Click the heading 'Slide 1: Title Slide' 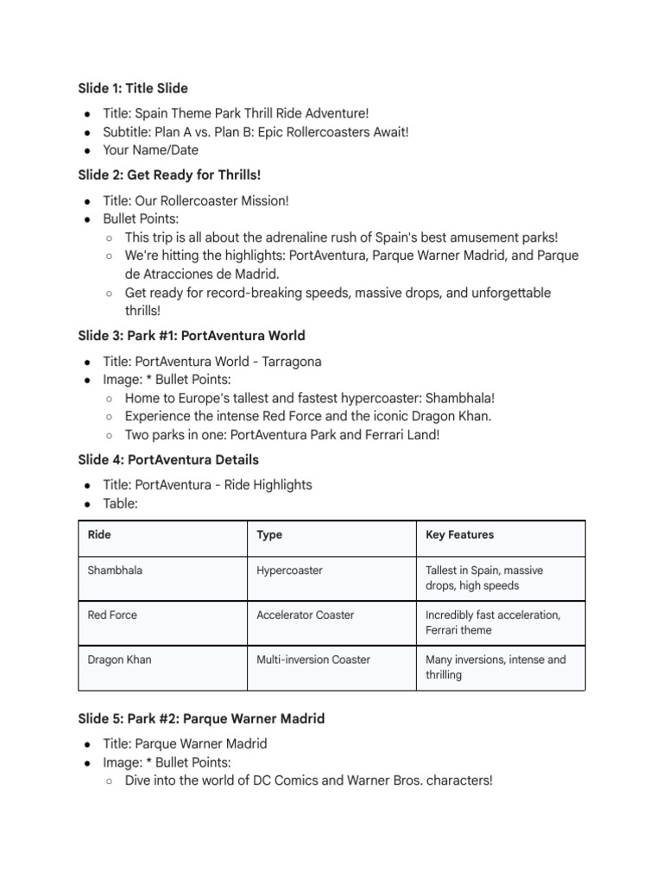[132, 88]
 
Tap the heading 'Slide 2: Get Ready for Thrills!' [168, 175]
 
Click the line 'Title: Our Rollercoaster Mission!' [195, 200]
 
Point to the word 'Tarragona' [288, 361]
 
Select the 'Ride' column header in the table [99, 535]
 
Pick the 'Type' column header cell [269, 535]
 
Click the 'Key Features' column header [459, 535]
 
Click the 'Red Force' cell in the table [112, 616]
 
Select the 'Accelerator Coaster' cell [305, 616]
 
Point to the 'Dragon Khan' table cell [120, 660]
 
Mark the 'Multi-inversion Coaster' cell [313, 660]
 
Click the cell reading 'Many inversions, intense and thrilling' [496, 667]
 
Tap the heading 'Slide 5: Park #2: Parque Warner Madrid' [201, 718]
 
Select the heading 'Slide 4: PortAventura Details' [167, 459]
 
